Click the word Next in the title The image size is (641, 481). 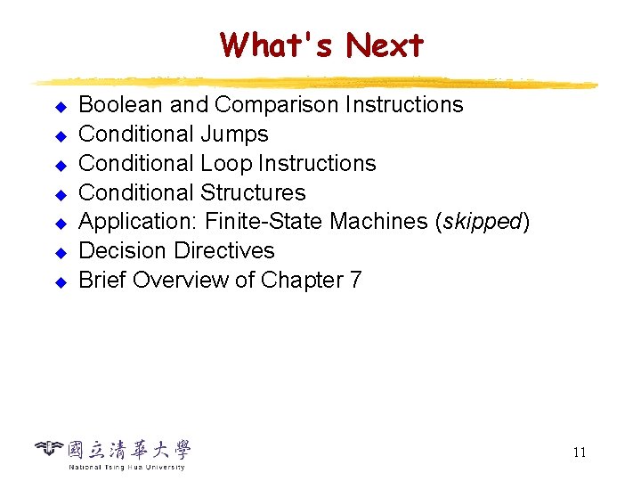point(385,44)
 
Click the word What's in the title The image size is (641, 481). point(277,44)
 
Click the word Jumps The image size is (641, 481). point(234,135)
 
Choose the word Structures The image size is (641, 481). point(253,193)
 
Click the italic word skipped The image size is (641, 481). point(482,222)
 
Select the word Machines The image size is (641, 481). point(387,222)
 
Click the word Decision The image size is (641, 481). point(118,251)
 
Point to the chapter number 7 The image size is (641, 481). point(356,281)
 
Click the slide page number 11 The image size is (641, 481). point(580,452)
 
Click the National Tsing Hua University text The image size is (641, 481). point(126,467)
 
